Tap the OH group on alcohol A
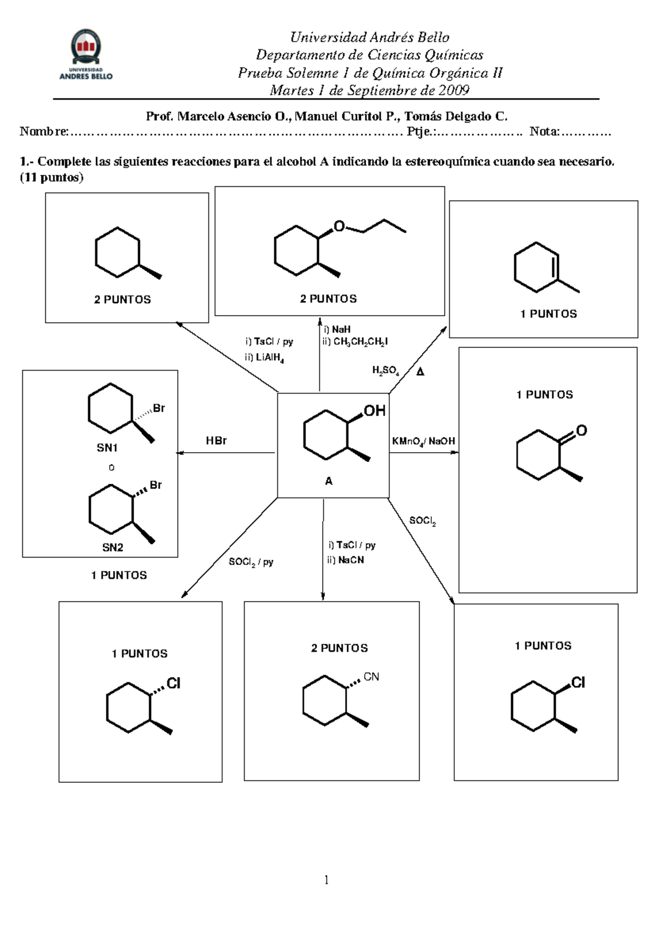[374, 411]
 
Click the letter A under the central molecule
[329, 481]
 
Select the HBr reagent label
[216, 441]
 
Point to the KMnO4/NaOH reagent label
[424, 441]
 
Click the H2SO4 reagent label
[385, 371]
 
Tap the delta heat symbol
[420, 372]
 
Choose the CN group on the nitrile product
[371, 677]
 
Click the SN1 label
[108, 448]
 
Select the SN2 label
[112, 548]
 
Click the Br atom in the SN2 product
[156, 485]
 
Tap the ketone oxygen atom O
[581, 431]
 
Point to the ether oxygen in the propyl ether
[340, 226]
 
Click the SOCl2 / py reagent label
[251, 562]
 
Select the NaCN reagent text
[350, 560]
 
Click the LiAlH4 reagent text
[270, 358]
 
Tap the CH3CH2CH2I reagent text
[360, 342]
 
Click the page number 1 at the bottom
[326, 880]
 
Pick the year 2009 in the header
[452, 90]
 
